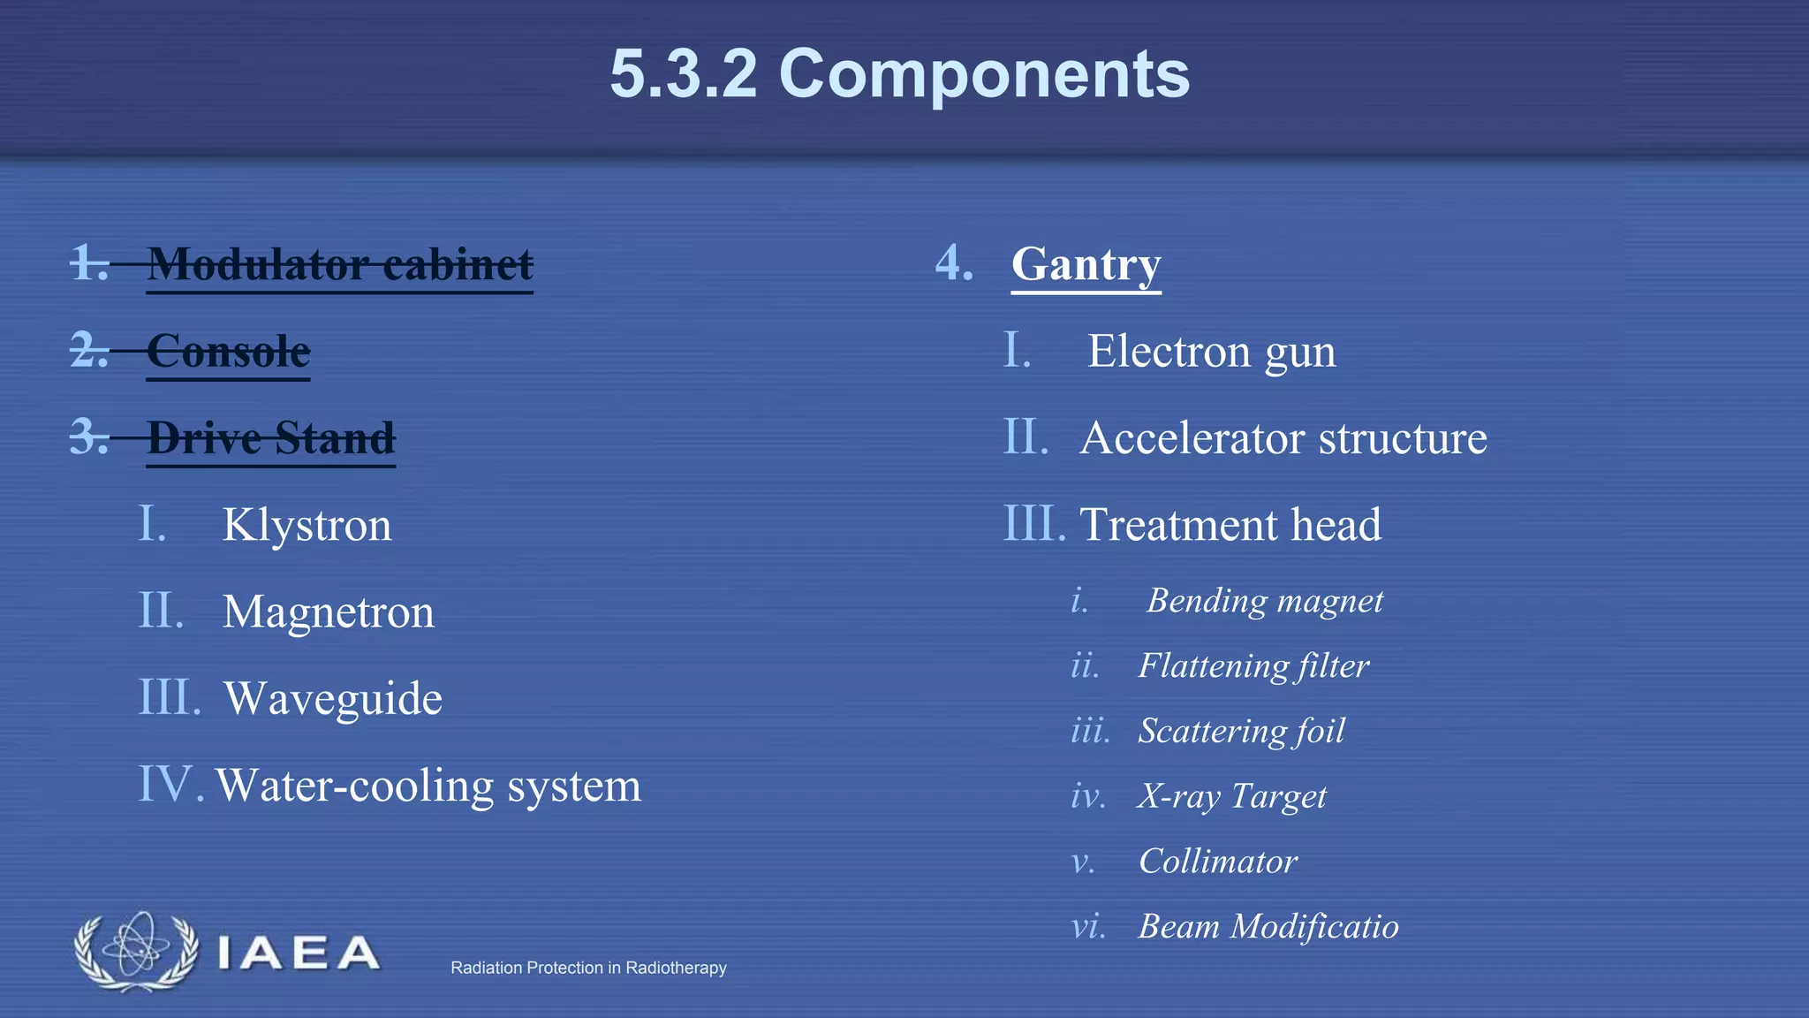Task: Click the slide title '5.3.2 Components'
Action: pyautogui.click(x=899, y=74)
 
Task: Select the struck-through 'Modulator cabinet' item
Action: pyautogui.click(x=340, y=264)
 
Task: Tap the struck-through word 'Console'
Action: pyautogui.click(x=228, y=351)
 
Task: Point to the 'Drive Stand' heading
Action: pyautogui.click(x=270, y=437)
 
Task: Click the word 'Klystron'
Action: pyautogui.click(x=307, y=525)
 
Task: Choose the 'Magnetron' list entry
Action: pyautogui.click(x=329, y=612)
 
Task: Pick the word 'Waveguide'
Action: pyautogui.click(x=333, y=698)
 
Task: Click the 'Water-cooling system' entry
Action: pyautogui.click(x=428, y=785)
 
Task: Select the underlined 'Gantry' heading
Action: pyautogui.click(x=1086, y=264)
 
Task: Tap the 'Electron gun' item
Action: pyautogui.click(x=1211, y=351)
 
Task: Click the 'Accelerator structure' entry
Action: pyautogui.click(x=1283, y=437)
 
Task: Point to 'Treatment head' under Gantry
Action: pyautogui.click(x=1230, y=525)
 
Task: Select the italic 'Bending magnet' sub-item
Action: pyautogui.click(x=1265, y=601)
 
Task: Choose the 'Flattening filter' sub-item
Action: pyautogui.click(x=1253, y=665)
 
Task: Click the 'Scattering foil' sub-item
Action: pyautogui.click(x=1241, y=731)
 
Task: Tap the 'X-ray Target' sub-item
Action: pyautogui.click(x=1232, y=796)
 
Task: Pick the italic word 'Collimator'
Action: pyautogui.click(x=1218, y=861)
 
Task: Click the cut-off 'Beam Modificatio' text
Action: pyautogui.click(x=1268, y=926)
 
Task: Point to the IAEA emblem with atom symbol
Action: pyautogui.click(x=136, y=951)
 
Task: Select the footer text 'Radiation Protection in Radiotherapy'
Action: pyautogui.click(x=588, y=968)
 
